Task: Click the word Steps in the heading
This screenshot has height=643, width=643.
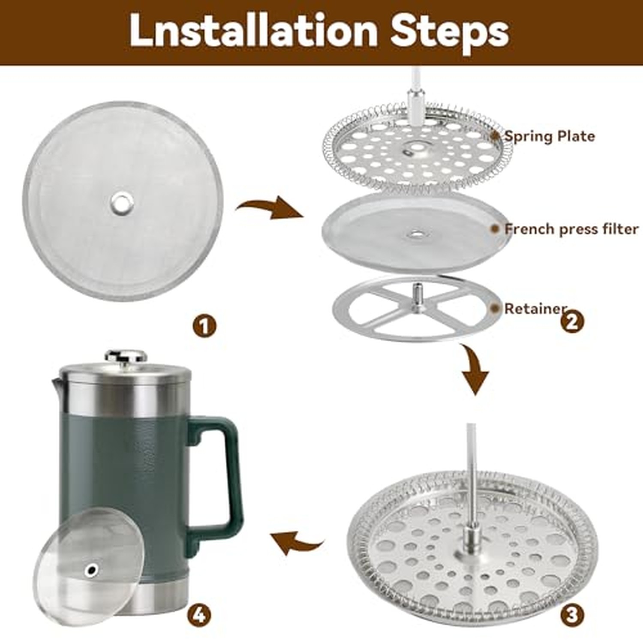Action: (x=450, y=31)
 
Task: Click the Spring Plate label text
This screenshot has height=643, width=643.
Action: (x=550, y=136)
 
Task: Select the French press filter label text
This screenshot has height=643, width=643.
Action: (x=571, y=229)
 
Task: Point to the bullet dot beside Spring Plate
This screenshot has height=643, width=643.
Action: (x=495, y=136)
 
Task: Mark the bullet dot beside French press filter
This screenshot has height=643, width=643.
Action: (x=495, y=229)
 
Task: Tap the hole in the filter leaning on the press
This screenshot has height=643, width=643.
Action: (x=91, y=570)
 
